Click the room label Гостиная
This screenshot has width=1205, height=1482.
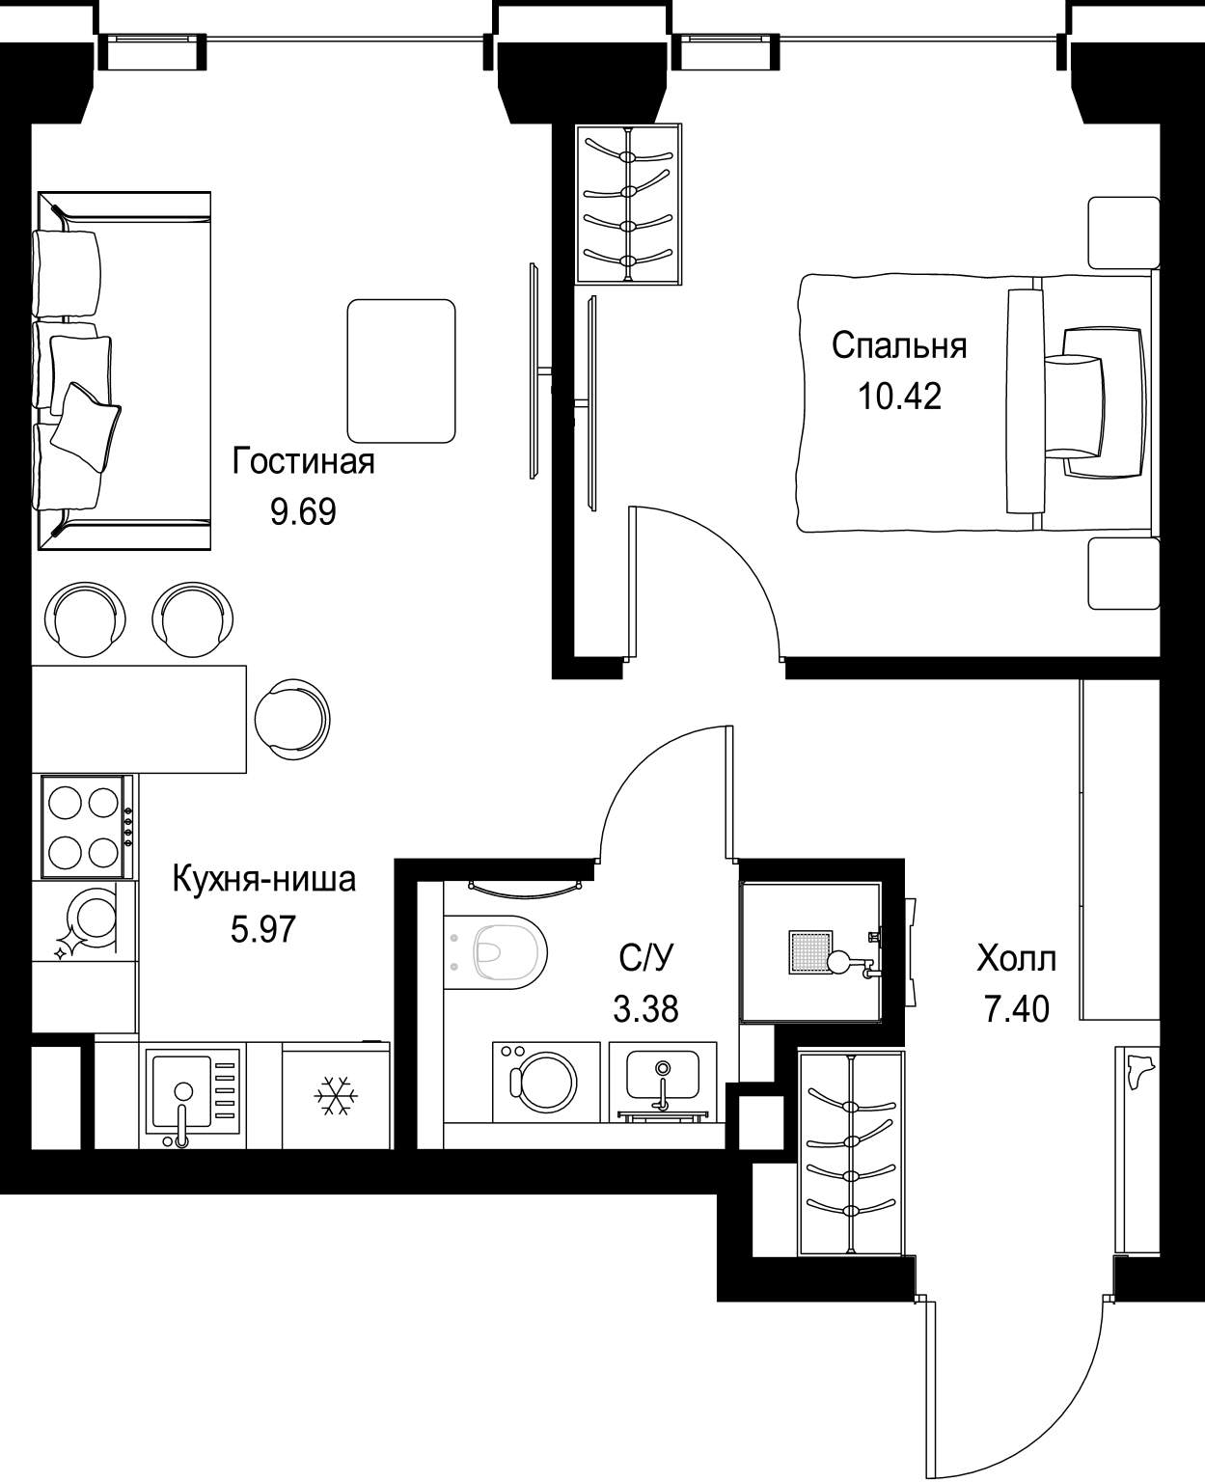[x=303, y=461]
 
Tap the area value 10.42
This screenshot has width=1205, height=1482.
[x=899, y=396]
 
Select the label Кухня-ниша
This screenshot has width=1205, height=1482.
[x=263, y=879]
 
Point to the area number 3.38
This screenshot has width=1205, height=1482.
[x=645, y=1008]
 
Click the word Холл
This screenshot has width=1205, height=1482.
[x=1017, y=959]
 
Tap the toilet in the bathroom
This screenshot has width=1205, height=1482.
[x=495, y=952]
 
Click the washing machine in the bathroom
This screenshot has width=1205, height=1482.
[x=546, y=1082]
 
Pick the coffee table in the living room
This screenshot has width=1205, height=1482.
[x=401, y=370]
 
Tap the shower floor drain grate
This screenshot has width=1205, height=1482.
[x=810, y=952]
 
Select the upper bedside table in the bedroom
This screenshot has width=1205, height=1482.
[x=1124, y=233]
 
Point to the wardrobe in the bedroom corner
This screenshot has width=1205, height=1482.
[x=628, y=204]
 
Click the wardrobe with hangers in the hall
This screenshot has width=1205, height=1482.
[x=852, y=1154]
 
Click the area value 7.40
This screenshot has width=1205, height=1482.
[x=1017, y=1008]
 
